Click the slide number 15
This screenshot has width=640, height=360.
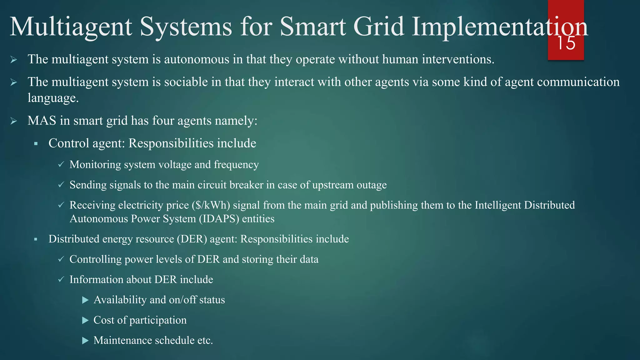point(566,43)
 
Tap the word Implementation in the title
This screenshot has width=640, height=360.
point(500,27)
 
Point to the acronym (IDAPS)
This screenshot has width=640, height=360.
point(219,219)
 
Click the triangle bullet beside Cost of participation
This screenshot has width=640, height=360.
point(85,320)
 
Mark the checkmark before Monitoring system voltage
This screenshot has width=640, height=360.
point(61,164)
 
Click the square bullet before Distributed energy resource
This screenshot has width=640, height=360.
point(36,239)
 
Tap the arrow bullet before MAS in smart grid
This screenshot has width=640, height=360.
point(13,121)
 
